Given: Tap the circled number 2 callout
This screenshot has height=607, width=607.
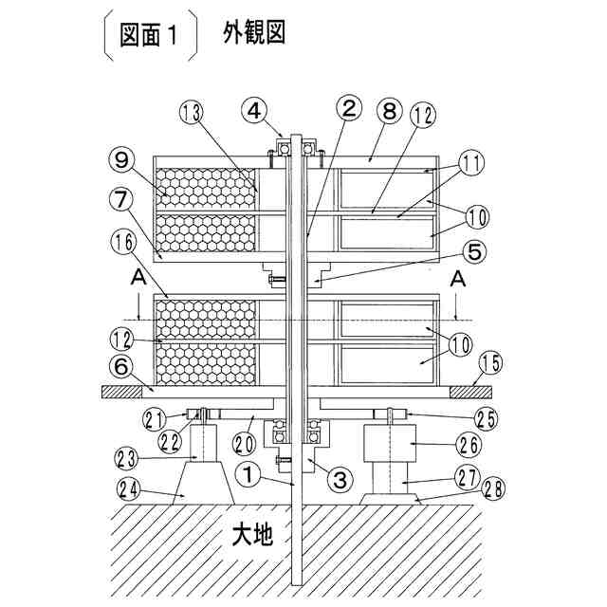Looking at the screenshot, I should [x=350, y=107].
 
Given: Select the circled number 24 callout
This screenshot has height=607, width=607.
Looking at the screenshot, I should [x=130, y=490].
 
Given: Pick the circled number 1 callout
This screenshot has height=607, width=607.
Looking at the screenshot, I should [x=246, y=469].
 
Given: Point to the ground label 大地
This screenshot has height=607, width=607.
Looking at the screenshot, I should [x=252, y=536].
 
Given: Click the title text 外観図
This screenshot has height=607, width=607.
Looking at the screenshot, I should [x=254, y=35].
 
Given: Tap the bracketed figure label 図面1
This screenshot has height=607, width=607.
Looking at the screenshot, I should [x=151, y=36].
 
